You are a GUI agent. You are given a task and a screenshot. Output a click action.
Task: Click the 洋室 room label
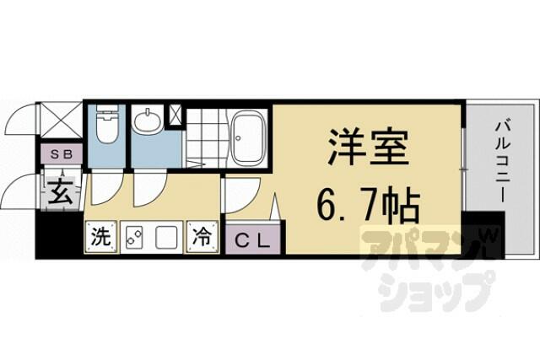[x=369, y=147]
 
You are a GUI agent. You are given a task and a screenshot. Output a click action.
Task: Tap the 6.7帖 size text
[x=368, y=205]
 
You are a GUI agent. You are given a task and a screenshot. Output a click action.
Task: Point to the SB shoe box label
[x=62, y=154]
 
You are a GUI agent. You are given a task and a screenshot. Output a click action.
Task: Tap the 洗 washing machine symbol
[x=101, y=237]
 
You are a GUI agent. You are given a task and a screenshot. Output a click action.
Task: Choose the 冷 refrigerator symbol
[x=202, y=237]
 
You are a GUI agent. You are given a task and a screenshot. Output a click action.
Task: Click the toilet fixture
[x=106, y=124]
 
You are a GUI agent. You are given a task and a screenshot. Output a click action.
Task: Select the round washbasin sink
[x=148, y=121]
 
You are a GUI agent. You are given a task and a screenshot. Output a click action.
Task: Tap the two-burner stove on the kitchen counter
[x=133, y=237]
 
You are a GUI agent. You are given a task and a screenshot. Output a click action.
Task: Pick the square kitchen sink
[x=167, y=237]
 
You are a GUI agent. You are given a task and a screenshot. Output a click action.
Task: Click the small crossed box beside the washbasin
[x=175, y=116]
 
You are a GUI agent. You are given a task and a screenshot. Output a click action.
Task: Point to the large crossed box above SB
[x=60, y=120]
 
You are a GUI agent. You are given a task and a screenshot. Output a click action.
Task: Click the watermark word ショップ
[x=435, y=291]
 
